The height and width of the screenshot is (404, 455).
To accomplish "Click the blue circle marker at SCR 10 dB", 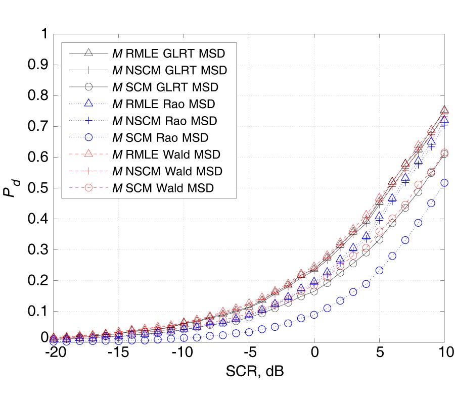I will click(x=444, y=183).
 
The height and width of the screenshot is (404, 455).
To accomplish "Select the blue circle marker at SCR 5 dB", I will click(x=379, y=270).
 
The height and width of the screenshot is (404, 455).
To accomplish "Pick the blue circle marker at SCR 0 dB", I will click(x=314, y=315).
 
